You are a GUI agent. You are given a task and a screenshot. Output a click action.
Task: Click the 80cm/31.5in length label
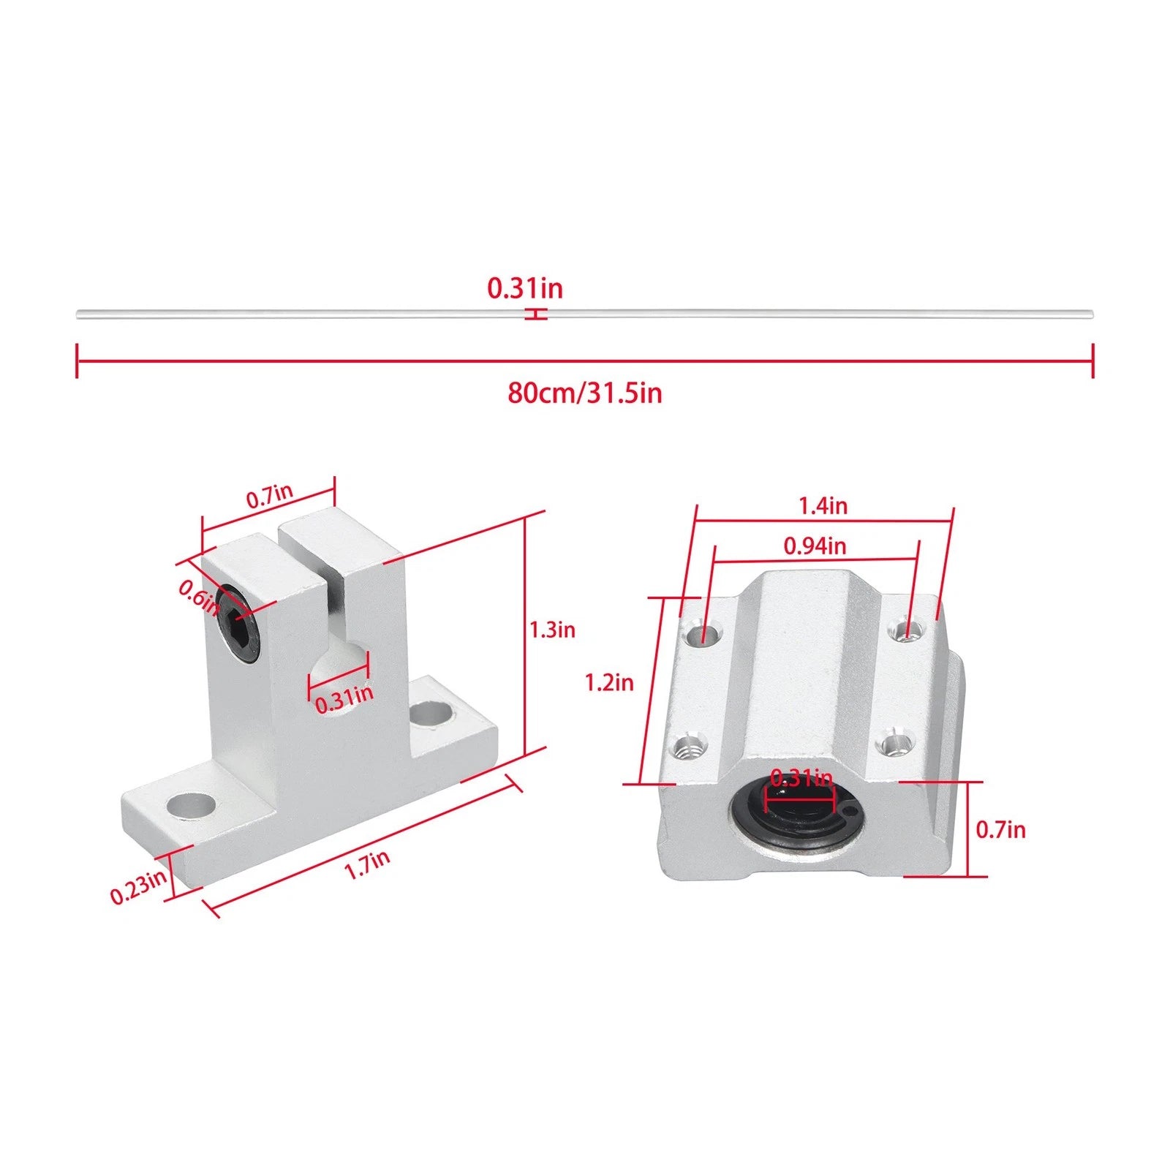pyautogui.click(x=585, y=393)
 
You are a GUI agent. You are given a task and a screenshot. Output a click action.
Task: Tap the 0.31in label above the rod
pyautogui.click(x=525, y=288)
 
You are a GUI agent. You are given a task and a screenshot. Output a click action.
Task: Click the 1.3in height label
pyautogui.click(x=552, y=629)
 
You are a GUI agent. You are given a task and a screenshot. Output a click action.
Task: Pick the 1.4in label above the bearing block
pyautogui.click(x=823, y=505)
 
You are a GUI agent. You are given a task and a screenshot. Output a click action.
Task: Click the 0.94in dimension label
pyautogui.click(x=815, y=546)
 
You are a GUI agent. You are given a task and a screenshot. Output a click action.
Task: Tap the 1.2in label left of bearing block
pyautogui.click(x=609, y=683)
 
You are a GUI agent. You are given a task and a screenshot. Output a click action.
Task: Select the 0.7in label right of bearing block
pyautogui.click(x=1001, y=829)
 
